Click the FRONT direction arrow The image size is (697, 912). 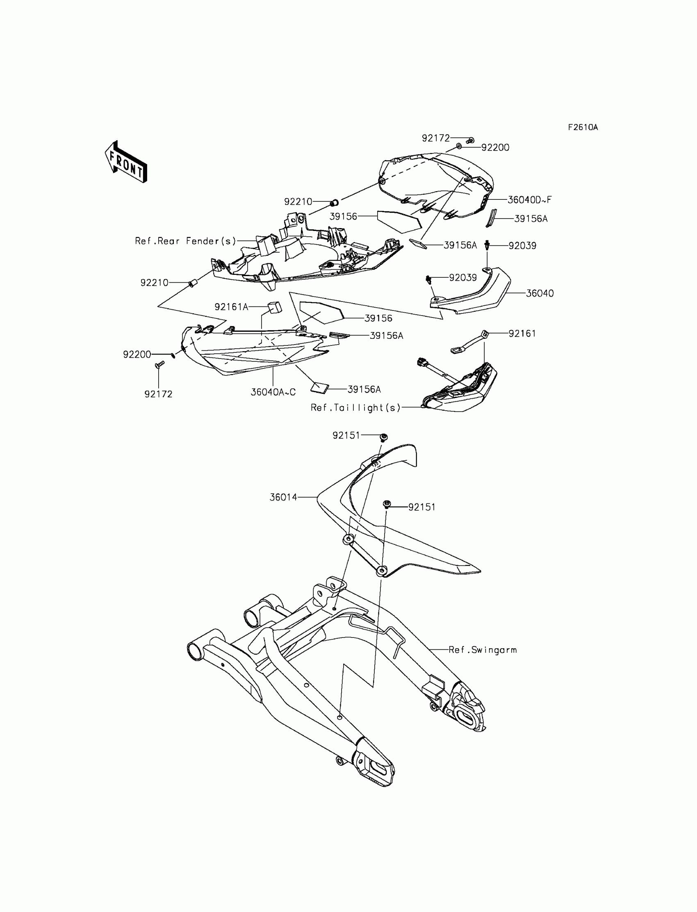pos(126,162)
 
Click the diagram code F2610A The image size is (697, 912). pos(583,128)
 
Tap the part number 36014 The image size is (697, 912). pos(283,497)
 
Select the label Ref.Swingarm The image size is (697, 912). pos(483,650)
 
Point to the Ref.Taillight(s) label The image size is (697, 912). pos(355,408)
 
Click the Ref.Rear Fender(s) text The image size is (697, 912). pos(185,241)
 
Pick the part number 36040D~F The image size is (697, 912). pos(529,200)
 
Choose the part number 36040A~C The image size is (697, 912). pos(273,392)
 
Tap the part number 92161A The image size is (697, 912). pos(231,307)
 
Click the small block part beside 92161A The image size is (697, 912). pos(274,307)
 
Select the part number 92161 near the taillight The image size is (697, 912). pos(522,334)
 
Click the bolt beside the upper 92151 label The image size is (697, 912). pos(383,437)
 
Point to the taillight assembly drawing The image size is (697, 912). pos(460,388)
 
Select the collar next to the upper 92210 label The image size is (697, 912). pos(334,203)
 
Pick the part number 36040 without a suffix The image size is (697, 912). pos(539,293)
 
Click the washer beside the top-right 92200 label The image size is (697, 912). pos(459,146)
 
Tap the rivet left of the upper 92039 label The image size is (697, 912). pos(487,245)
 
